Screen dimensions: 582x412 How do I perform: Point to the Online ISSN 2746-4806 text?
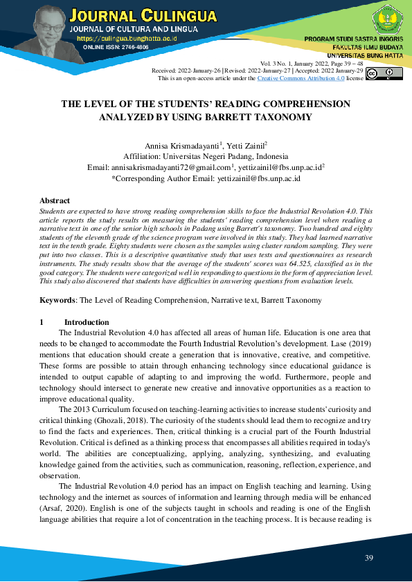[116, 47]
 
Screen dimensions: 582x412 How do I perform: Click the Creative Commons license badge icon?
[384, 74]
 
